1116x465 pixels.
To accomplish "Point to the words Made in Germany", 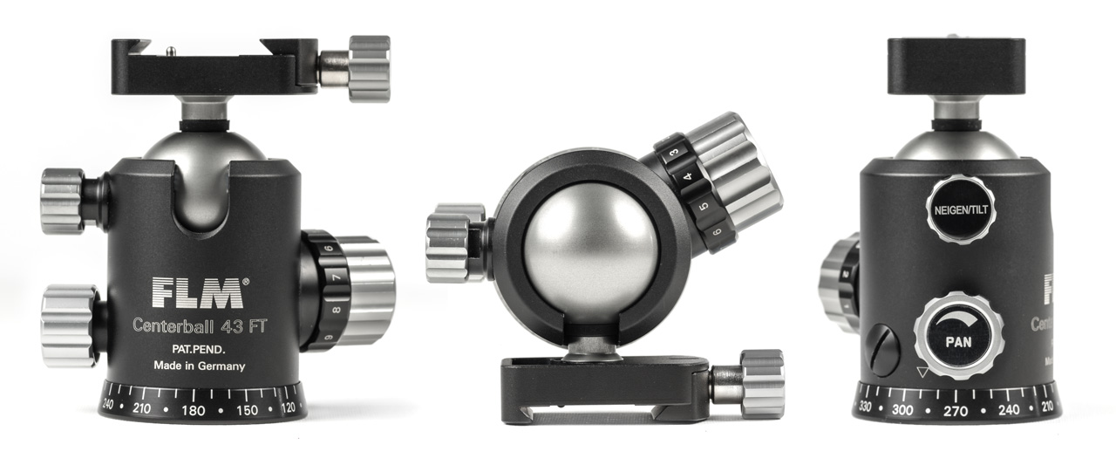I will coord(199,366).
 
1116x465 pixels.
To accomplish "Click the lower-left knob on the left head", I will coord(70,325).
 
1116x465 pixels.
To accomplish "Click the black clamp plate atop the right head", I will coord(956,65).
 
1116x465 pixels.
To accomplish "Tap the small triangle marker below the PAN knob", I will coord(922,373).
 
